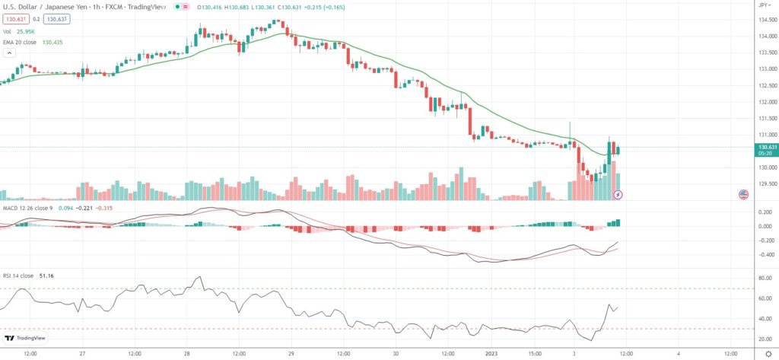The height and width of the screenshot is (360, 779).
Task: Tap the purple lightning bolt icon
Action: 618,195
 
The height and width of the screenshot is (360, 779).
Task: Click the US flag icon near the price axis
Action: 743,194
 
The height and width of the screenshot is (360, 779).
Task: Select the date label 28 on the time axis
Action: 187,353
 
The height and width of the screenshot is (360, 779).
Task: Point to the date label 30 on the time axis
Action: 396,353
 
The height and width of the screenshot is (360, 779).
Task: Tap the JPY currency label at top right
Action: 762,5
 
